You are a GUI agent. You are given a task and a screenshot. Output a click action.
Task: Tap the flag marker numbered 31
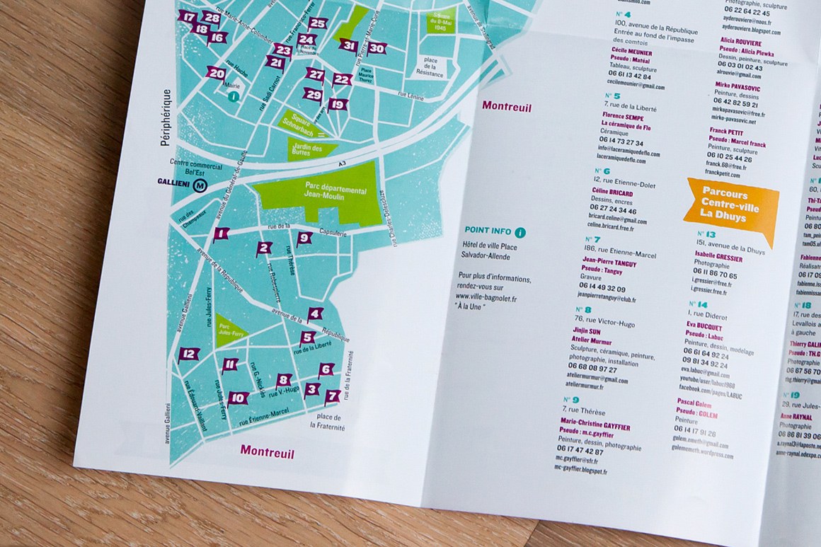coord(348,46)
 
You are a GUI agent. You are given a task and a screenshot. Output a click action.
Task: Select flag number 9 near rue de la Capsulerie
coord(304,238)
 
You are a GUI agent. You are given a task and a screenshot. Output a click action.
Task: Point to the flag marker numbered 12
coord(188,355)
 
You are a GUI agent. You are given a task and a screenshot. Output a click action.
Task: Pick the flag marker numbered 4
coord(315,313)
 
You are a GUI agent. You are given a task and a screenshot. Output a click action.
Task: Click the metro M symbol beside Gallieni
coord(200,185)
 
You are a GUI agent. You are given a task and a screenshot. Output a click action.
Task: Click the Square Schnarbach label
coord(302,122)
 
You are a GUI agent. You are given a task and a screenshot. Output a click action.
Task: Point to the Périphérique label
coord(166,117)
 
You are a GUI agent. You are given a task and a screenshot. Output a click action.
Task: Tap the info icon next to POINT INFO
coord(520,232)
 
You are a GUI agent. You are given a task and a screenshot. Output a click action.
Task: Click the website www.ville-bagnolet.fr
coord(486,299)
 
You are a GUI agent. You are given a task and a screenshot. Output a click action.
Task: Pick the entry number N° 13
coord(706,234)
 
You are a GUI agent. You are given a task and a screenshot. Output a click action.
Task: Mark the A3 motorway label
coord(342,164)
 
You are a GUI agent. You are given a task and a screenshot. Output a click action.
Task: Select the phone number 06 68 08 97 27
coord(592,369)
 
